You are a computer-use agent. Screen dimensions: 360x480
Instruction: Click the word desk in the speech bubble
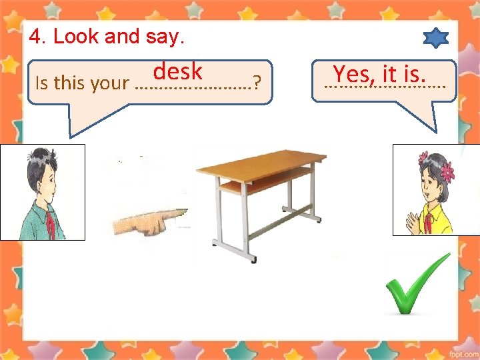pyautogui.click(x=177, y=71)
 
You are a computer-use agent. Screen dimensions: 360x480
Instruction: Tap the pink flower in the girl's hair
pyautogui.click(x=445, y=171)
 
